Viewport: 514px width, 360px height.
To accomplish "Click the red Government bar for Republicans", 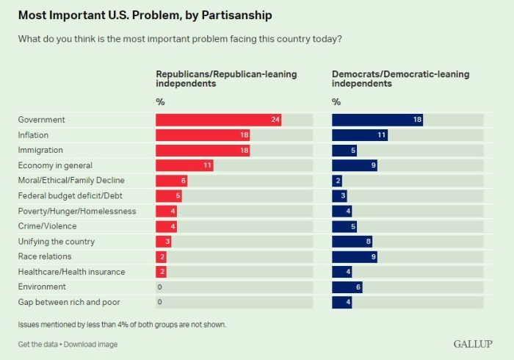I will [218, 120].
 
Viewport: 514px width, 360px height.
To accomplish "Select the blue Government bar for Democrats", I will [377, 120].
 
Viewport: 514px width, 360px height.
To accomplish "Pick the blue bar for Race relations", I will [355, 256].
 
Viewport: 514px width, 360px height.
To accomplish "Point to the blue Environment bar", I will [347, 287].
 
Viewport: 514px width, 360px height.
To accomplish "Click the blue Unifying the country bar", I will [352, 241].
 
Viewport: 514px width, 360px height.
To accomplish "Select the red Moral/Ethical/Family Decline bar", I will [171, 181].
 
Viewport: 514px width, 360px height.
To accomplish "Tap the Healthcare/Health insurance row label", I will [71, 272].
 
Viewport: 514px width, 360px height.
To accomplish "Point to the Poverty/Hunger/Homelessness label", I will [77, 211].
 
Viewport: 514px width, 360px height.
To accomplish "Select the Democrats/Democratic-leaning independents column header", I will [400, 79].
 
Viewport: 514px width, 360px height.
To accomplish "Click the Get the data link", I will [39, 344].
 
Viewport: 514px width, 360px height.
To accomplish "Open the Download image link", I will [91, 344].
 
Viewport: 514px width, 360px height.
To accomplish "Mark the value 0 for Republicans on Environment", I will [159, 287].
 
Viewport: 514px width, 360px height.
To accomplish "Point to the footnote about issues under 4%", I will [123, 324].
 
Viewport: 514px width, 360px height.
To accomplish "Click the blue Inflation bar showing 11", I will [359, 135].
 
